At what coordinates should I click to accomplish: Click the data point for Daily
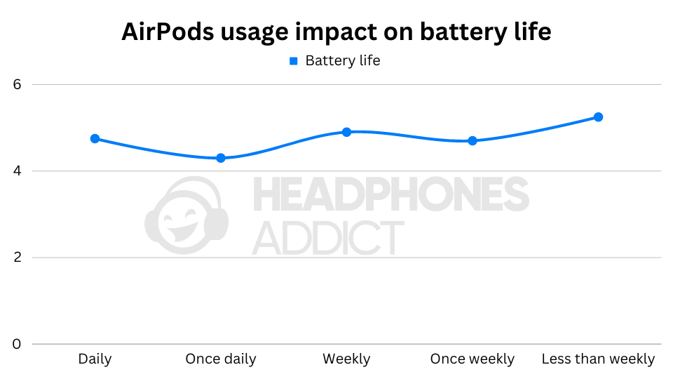coord(95,138)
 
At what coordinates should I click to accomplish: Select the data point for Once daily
coord(221,158)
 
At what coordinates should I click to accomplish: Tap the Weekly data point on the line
coord(346,132)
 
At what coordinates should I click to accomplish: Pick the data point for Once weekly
coord(473,140)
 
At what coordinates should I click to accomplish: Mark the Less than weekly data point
coord(599,117)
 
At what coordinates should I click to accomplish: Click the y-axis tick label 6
coord(18,84)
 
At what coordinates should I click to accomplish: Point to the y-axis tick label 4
coord(18,171)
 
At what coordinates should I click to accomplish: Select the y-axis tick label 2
coord(18,258)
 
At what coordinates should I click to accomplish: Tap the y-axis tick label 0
coord(18,344)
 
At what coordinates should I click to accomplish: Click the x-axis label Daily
coord(95,359)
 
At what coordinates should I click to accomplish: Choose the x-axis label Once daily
coord(221,359)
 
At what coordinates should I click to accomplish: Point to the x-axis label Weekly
coord(346,359)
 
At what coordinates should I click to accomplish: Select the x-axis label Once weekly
coord(473,359)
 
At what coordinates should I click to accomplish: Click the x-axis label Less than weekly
coord(599,359)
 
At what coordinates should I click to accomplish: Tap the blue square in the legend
coord(294,61)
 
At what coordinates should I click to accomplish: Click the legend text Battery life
coord(343,61)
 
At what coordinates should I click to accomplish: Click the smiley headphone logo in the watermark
coord(186,217)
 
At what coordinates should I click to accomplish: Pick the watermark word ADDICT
coord(328,237)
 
